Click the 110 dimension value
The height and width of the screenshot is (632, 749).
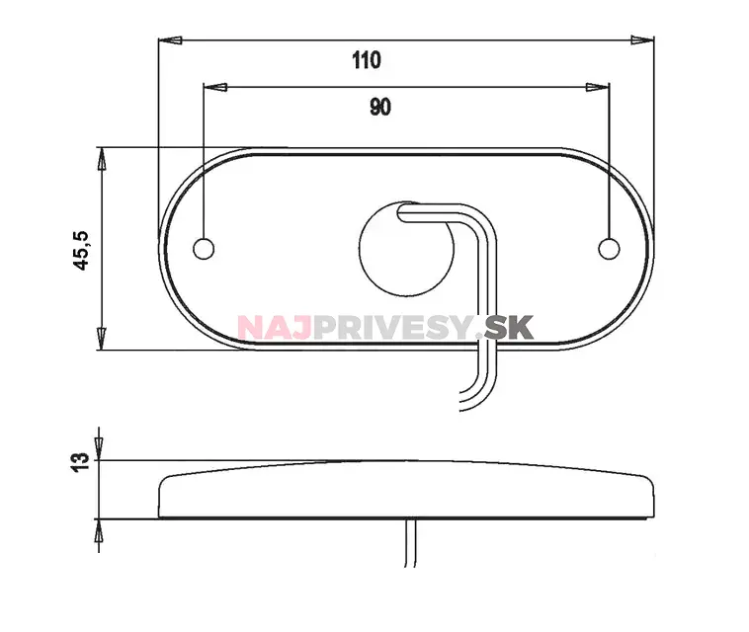point(367,60)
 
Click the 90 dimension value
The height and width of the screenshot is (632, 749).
point(380,107)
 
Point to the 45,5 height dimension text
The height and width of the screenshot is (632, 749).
point(81,251)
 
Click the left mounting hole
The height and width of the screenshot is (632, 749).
point(204,249)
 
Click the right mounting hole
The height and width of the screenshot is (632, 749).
point(609,249)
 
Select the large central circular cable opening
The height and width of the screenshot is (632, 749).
point(406,248)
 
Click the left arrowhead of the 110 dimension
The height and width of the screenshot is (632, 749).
point(170,40)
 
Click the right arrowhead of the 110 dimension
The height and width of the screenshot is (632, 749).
point(642,40)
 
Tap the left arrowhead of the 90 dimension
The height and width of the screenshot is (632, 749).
point(215,87)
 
